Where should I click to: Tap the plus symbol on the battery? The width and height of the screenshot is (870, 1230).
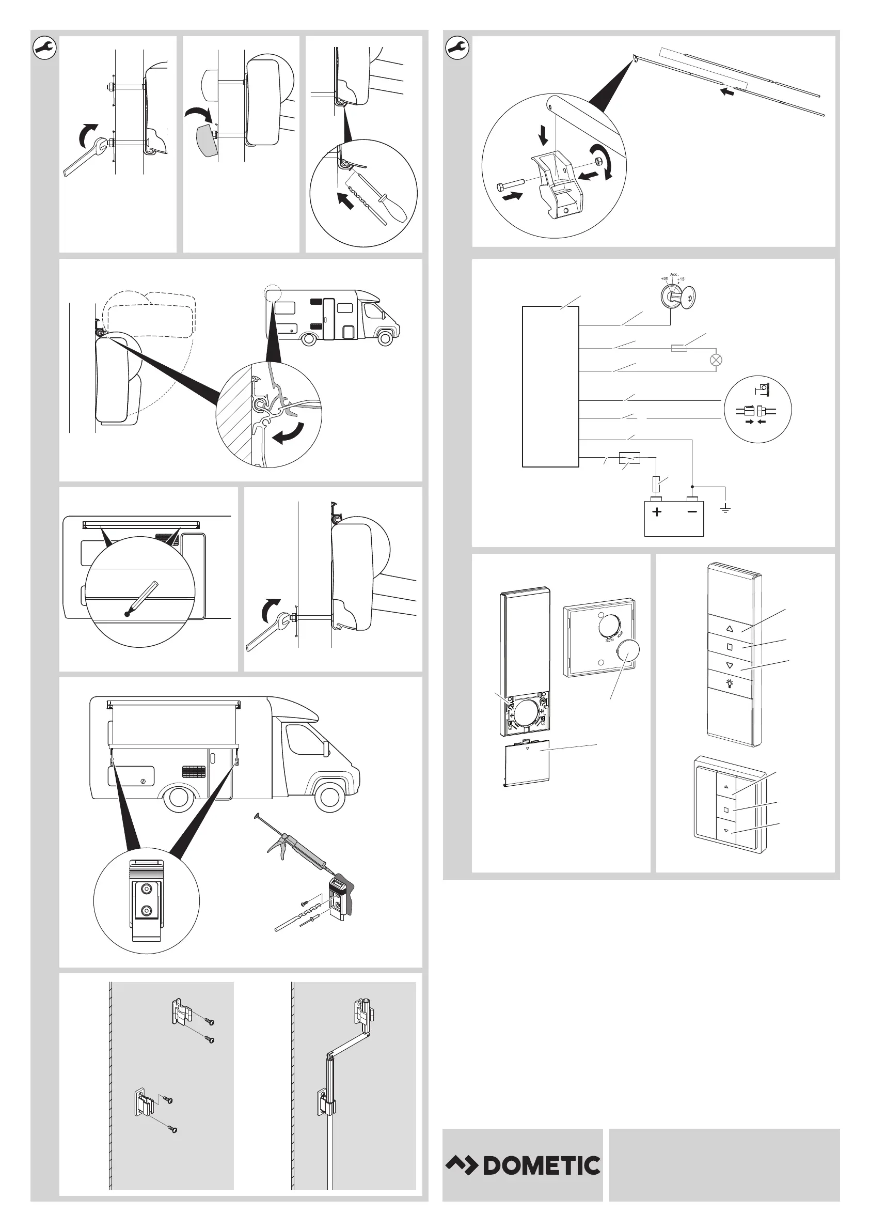tap(657, 511)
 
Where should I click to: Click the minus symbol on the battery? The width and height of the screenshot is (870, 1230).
tap(692, 511)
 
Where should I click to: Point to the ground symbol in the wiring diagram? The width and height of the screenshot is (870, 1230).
tap(725, 509)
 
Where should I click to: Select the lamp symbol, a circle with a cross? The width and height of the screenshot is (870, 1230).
tap(716, 360)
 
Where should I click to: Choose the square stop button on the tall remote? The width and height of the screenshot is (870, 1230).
tap(729, 647)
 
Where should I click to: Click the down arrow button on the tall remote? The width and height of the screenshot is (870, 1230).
tap(729, 665)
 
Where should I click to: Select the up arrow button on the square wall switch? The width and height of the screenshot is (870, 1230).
tap(726, 787)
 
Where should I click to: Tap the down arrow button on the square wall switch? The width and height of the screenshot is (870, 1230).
tap(726, 831)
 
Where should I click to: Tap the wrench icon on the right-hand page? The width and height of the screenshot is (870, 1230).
tap(457, 48)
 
